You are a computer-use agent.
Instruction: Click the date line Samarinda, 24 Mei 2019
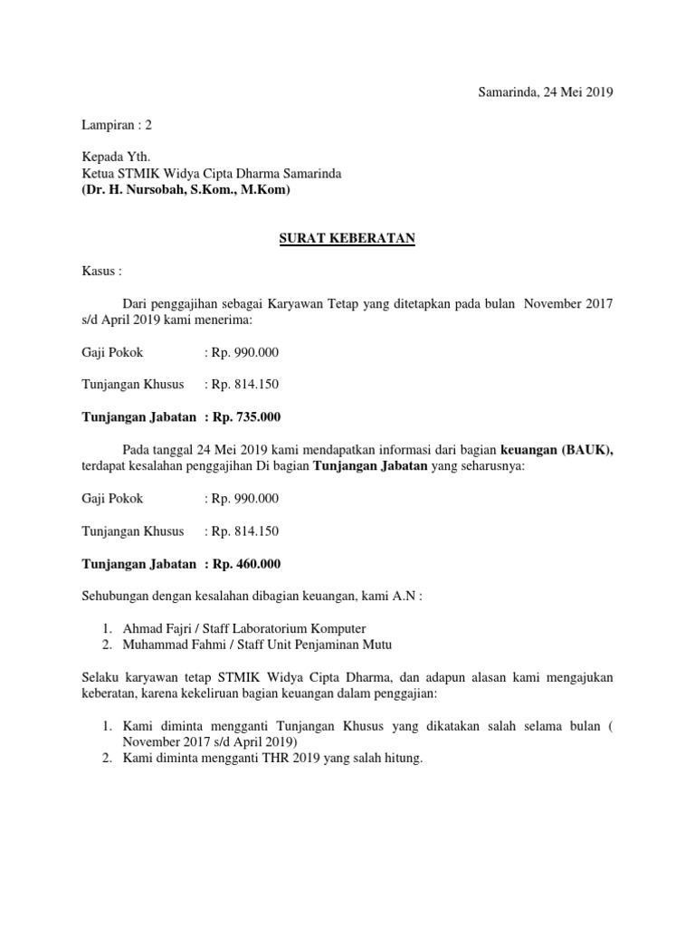click(546, 92)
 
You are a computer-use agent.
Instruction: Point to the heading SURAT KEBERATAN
click(347, 238)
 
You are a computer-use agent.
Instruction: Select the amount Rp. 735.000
click(246, 417)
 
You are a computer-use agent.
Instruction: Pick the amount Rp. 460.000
click(246, 564)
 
